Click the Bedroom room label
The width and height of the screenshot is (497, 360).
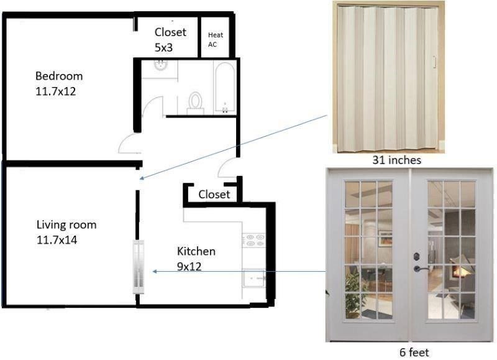pos(59,76)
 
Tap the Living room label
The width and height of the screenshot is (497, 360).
pos(66,224)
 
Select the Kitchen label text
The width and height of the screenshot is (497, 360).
pos(196,251)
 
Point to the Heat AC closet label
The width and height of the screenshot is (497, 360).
pos(216,40)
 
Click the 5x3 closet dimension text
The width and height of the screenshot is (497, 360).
pos(163,48)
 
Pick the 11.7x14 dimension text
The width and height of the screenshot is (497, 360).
pos(57,240)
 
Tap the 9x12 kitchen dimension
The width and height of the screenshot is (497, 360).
pos(189,267)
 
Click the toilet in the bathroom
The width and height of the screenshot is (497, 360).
pos(195,103)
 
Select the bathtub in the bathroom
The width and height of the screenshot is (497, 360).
pos(225,87)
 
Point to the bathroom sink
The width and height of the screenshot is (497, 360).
pos(161,66)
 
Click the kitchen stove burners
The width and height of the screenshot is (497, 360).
pos(254,240)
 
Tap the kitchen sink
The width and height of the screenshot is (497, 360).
pos(254,278)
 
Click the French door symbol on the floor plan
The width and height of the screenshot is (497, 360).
pos(138,267)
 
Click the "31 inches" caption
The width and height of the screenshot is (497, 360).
pos(396,160)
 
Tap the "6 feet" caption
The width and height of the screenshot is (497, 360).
pos(414,353)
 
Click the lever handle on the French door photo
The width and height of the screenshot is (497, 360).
pos(421,269)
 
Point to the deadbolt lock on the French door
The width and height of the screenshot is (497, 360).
pos(416,256)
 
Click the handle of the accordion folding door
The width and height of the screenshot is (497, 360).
pos(434,62)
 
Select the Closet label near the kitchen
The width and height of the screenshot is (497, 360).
pos(214,195)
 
